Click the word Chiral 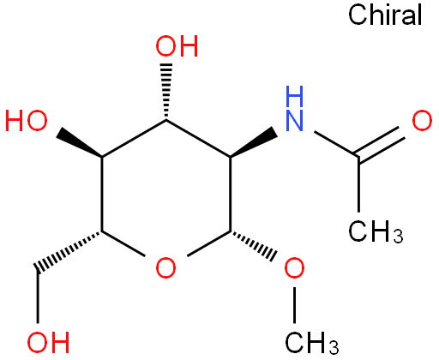coord(385,15)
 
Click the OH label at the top coord(177,46)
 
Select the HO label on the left coord(27,121)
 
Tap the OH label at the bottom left coord(48,342)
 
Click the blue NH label coord(295,109)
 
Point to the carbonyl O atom coord(422,121)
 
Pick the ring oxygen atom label coord(165,267)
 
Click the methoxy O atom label coord(294,267)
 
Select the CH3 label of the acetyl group coord(376,231)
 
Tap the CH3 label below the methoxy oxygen coord(311,343)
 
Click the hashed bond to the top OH coord(166,91)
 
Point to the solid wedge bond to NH coord(253,142)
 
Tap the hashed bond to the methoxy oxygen coord(253,245)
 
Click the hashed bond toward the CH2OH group coord(69,251)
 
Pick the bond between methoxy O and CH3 coord(294,305)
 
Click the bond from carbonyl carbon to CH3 coord(359,184)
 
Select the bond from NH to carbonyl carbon coord(336,144)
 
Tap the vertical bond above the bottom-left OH coord(38,297)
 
